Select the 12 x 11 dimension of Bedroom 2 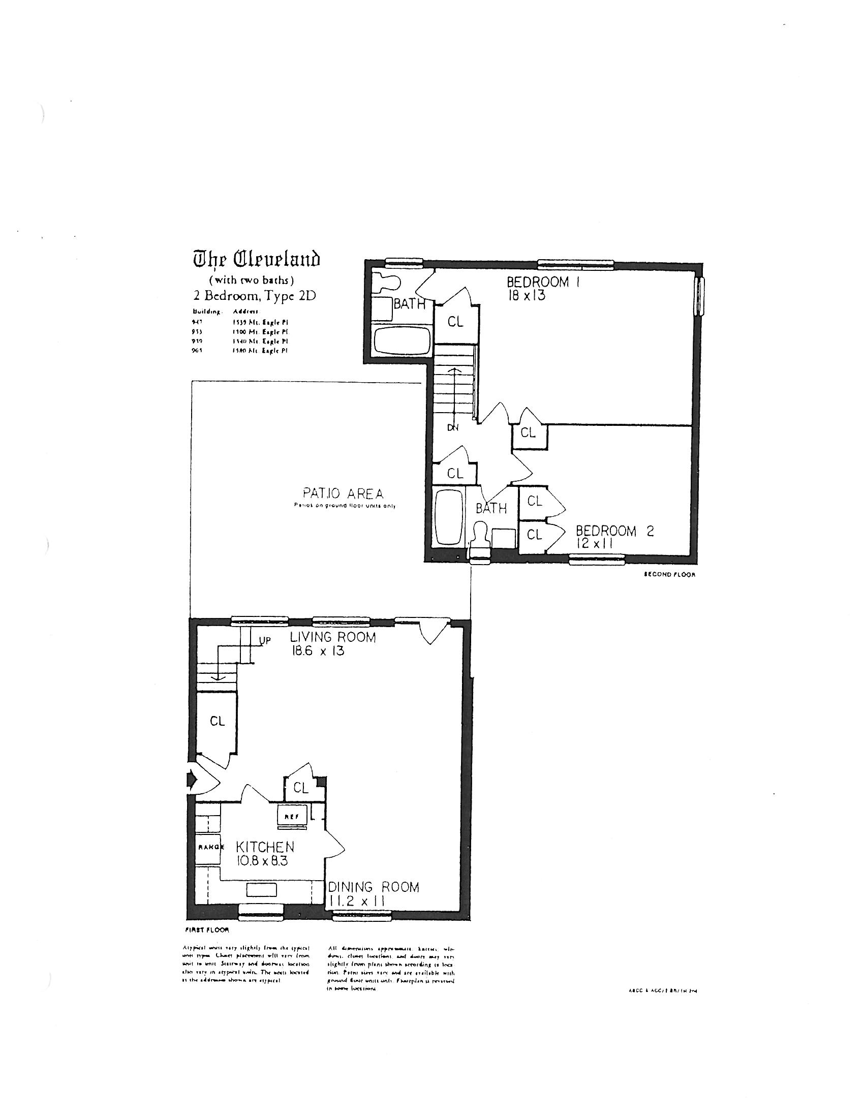pyautogui.click(x=594, y=544)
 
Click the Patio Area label pyautogui.click(x=343, y=493)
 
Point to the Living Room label pyautogui.click(x=333, y=637)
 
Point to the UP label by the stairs pyautogui.click(x=265, y=640)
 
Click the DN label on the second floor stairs pyautogui.click(x=453, y=428)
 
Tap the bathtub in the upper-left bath pyautogui.click(x=402, y=340)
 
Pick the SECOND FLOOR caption pyautogui.click(x=669, y=574)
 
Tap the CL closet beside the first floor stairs pyautogui.click(x=217, y=721)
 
